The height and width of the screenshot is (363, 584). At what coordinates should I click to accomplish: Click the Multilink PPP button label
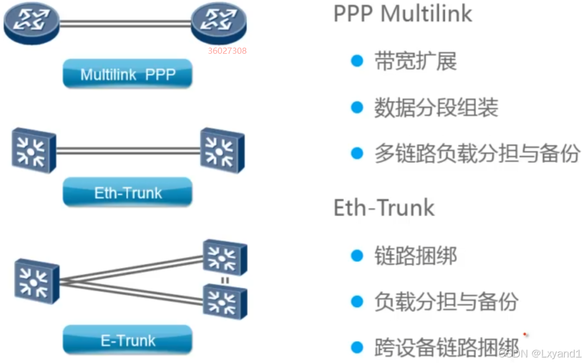128,75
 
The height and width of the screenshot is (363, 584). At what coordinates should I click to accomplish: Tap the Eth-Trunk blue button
128,193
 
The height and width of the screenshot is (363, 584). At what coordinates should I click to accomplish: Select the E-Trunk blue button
128,340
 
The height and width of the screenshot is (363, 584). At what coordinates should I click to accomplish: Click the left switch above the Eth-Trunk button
34,150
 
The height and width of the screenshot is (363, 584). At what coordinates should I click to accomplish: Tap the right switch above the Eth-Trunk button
222,150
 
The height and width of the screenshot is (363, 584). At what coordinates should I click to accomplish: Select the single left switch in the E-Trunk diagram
36,281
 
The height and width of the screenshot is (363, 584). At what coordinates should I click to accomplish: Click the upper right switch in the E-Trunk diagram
225,257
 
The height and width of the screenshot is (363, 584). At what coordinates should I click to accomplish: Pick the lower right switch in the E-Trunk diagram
225,301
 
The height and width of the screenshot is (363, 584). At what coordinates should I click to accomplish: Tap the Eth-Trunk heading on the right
384,208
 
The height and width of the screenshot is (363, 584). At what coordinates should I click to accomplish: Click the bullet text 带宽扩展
415,61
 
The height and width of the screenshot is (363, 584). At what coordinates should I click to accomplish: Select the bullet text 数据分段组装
436,107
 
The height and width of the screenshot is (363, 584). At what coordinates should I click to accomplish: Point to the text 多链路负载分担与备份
477,153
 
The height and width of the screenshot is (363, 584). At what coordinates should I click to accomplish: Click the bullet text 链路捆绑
415,255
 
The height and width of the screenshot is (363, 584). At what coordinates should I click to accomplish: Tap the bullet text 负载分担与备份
446,301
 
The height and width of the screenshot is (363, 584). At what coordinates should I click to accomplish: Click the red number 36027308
227,51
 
